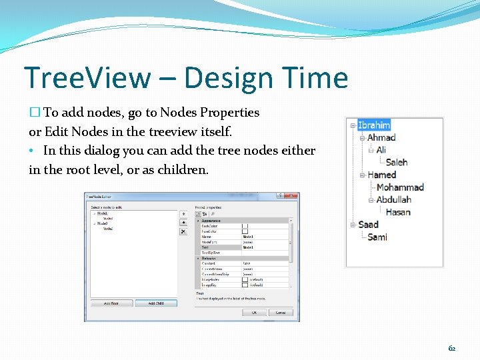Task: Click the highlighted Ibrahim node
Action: coord(373,125)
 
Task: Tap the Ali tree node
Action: coord(381,150)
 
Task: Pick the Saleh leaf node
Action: coord(396,162)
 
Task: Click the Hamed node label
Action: coord(381,175)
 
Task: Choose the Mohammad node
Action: coord(399,187)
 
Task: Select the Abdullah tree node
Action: coord(393,199)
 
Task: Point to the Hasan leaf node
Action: coord(397,212)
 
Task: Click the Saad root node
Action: coord(368,225)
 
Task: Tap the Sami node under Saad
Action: coord(377,237)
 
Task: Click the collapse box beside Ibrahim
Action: coord(352,125)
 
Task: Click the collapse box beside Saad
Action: coord(352,225)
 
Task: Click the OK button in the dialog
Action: coord(254,312)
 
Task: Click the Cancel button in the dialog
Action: coord(280,312)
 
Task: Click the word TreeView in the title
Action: coord(87,78)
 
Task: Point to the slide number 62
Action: coord(451,348)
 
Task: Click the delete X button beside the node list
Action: coord(183,231)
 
